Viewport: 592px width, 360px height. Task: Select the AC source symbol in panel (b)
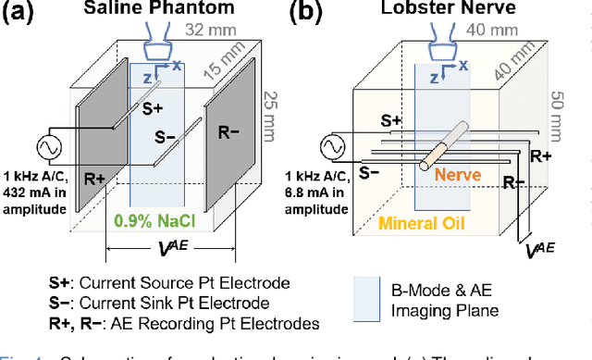[x=333, y=147]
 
